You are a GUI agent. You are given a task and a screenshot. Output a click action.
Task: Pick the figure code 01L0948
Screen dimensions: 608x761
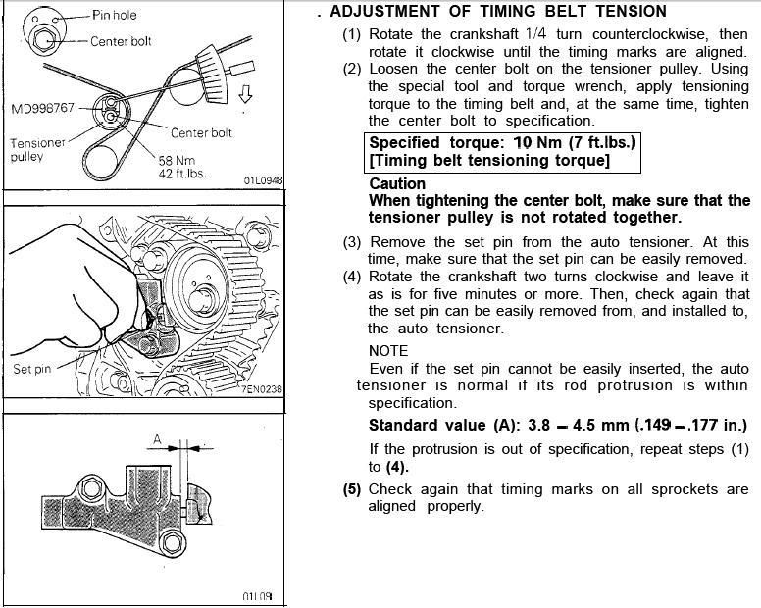click(x=262, y=180)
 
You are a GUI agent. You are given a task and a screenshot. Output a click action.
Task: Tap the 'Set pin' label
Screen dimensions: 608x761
click(x=32, y=370)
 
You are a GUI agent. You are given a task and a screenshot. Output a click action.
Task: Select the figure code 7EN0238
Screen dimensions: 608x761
click(x=260, y=389)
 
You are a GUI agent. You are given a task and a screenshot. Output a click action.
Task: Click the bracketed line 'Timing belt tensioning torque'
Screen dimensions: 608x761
click(x=488, y=160)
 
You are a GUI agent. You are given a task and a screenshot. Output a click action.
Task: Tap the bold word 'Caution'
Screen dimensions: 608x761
click(x=397, y=183)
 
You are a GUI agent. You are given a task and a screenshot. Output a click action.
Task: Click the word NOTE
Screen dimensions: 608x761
click(x=388, y=351)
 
